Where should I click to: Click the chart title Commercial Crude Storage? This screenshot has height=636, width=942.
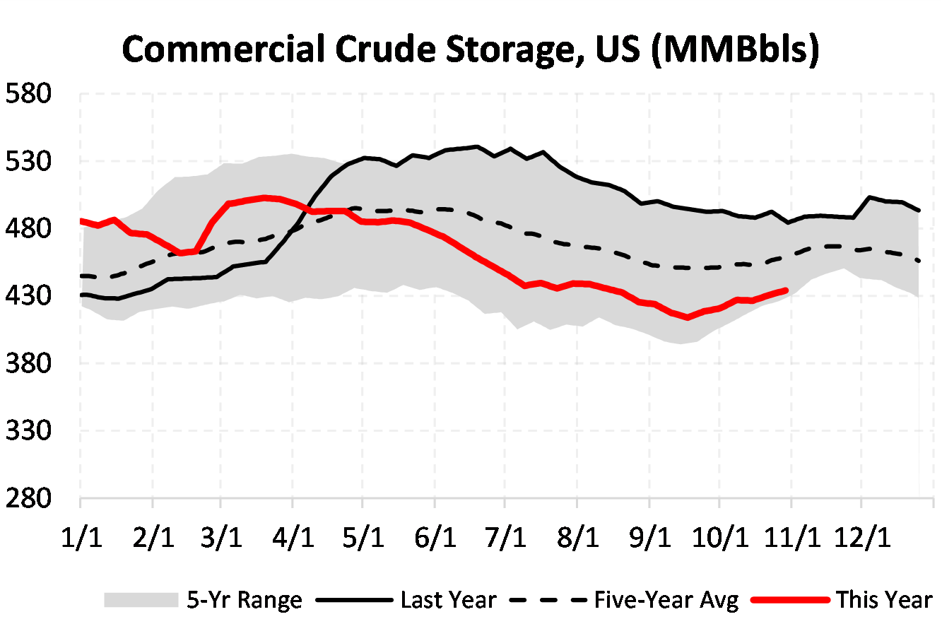click(471, 49)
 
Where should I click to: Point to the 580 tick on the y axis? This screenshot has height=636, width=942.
click(28, 93)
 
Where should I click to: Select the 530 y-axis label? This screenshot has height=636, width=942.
click(28, 161)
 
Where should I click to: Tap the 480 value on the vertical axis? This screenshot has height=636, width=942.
click(28, 228)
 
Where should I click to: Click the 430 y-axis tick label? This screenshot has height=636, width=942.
click(28, 295)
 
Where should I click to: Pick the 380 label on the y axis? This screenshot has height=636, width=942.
click(28, 363)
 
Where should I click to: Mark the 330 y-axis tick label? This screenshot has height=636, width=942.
click(28, 430)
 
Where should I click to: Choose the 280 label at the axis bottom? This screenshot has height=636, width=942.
click(28, 498)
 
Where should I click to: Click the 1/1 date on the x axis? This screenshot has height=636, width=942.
click(81, 538)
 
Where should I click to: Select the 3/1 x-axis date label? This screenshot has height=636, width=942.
click(222, 538)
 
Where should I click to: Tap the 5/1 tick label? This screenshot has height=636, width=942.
click(363, 538)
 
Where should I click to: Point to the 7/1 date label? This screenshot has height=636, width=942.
click(505, 538)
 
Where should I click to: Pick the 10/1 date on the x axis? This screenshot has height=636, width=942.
click(719, 538)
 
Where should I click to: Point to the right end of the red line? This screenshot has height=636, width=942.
click(786, 290)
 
